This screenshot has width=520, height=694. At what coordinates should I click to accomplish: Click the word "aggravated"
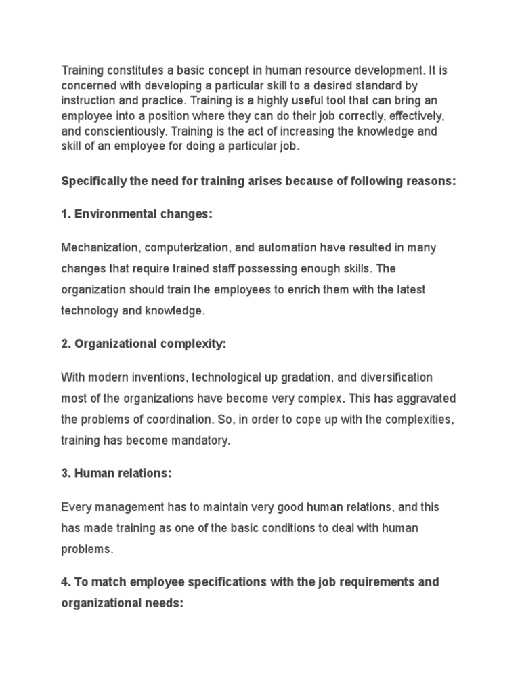point(425,398)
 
